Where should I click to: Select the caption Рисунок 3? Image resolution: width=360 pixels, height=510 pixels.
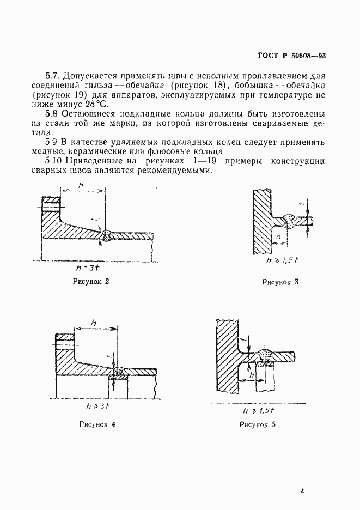click(280, 282)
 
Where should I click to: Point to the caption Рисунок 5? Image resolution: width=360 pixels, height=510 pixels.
click(257, 424)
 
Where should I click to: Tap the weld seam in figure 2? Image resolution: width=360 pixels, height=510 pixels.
click(107, 235)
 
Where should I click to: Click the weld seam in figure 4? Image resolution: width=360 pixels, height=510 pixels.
click(118, 371)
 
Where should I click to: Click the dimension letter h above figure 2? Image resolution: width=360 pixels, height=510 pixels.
click(81, 186)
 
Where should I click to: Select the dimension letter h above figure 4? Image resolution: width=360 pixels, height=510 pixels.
click(94, 324)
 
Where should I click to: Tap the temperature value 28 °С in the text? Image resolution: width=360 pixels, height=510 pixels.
click(96, 104)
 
